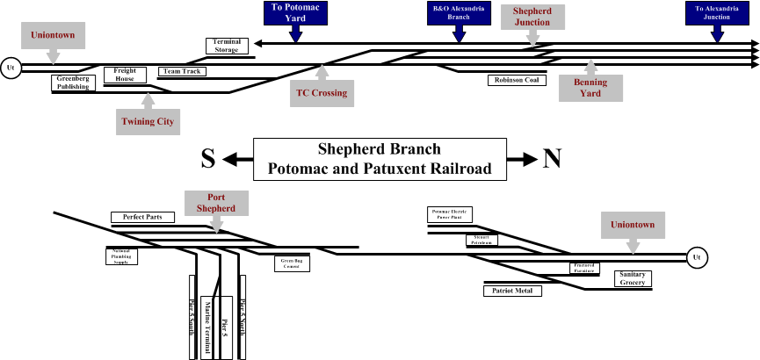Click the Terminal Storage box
tap(227, 46)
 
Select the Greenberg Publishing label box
tap(73, 83)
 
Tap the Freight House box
tap(125, 76)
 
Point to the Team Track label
tap(182, 71)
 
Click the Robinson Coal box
tap(517, 80)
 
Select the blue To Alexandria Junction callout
tap(718, 12)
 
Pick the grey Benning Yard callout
tap(590, 88)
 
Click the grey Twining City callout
tap(146, 120)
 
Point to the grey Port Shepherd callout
tap(215, 203)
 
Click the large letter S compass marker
tap(208, 159)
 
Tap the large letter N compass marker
tap(551, 159)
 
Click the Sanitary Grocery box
tap(632, 278)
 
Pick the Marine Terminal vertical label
tap(208, 326)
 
